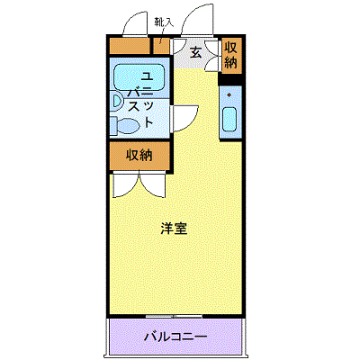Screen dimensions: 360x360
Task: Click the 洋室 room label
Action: pyautogui.click(x=174, y=229)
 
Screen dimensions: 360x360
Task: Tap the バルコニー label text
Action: pyautogui.click(x=175, y=337)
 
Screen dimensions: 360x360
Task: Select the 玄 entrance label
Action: pyautogui.click(x=195, y=53)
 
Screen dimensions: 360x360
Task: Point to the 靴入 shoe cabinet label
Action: pyautogui.click(x=164, y=22)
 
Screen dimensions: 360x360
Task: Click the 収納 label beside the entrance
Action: pyautogui.click(x=231, y=55)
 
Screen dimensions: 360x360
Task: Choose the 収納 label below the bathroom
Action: pyautogui.click(x=139, y=155)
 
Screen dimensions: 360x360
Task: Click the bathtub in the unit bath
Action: pyautogui.click(x=139, y=77)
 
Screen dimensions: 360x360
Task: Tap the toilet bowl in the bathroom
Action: pyautogui.click(x=128, y=126)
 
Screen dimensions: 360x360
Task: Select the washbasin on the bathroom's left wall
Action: pyautogui.click(x=117, y=101)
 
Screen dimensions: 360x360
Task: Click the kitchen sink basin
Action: pyautogui.click(x=230, y=119)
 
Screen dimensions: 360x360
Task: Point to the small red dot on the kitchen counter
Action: pyautogui.click(x=229, y=95)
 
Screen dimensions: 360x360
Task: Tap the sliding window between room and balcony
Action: pyautogui.click(x=175, y=316)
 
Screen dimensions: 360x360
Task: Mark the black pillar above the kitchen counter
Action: pyautogui.click(x=229, y=79)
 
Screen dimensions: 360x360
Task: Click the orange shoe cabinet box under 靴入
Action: pyautogui.click(x=162, y=45)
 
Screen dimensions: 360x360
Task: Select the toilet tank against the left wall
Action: pyautogui.click(x=113, y=126)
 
